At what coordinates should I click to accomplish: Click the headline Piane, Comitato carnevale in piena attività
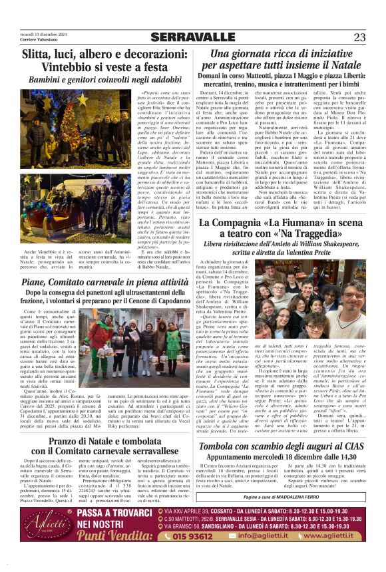point(96,282)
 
